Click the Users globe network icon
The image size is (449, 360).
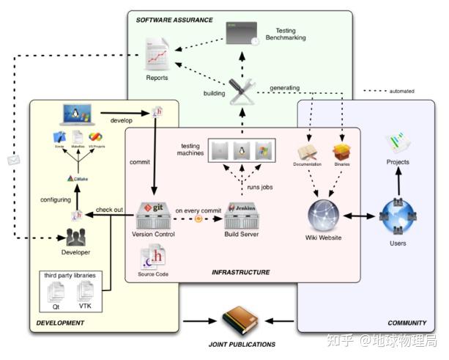click(x=398, y=216)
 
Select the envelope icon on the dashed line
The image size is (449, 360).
click(x=12, y=159)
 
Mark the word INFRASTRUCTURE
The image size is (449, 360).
click(x=240, y=272)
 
